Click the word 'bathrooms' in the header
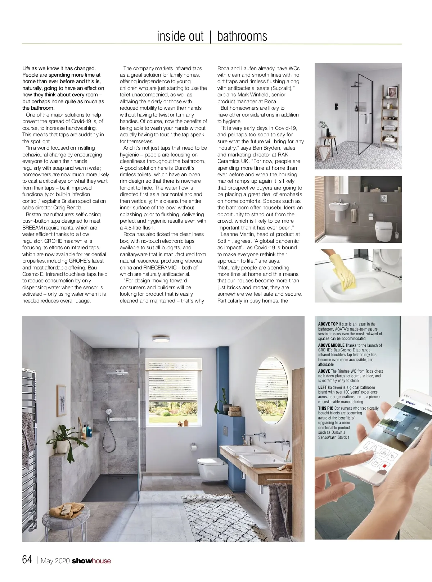242,36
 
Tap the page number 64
27,559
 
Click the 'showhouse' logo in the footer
91,561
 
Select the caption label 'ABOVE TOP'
328,324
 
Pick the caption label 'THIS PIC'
325,408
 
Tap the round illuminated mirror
271,390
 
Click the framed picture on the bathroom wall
62,401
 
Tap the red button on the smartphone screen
384,466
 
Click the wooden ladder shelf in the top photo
390,117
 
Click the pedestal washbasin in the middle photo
339,208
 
